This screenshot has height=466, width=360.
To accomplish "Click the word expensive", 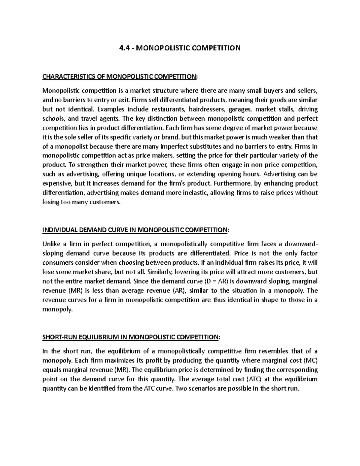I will coord(56,183).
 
